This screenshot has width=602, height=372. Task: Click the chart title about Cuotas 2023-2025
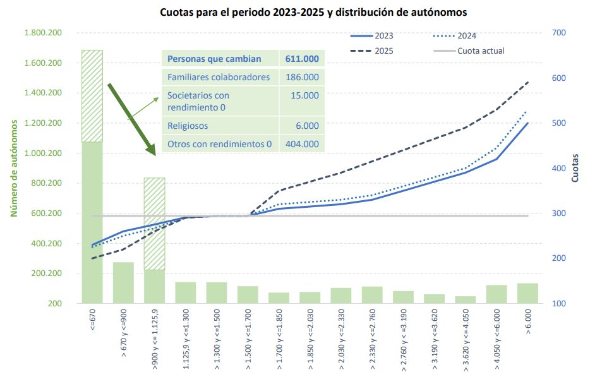click(x=313, y=12)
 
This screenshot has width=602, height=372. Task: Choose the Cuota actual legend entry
click(x=481, y=51)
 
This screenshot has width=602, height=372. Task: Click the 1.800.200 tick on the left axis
click(x=42, y=33)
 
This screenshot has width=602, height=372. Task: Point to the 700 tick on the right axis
click(x=559, y=33)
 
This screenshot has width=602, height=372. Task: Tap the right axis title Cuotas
click(x=575, y=169)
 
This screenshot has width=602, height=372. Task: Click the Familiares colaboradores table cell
click(x=219, y=77)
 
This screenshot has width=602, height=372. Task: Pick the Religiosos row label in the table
click(x=188, y=126)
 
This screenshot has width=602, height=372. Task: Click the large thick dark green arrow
click(x=131, y=118)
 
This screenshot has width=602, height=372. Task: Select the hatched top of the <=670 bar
click(x=92, y=95)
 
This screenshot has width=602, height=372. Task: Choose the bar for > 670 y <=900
click(x=123, y=282)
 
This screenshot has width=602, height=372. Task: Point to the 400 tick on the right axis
click(x=559, y=168)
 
